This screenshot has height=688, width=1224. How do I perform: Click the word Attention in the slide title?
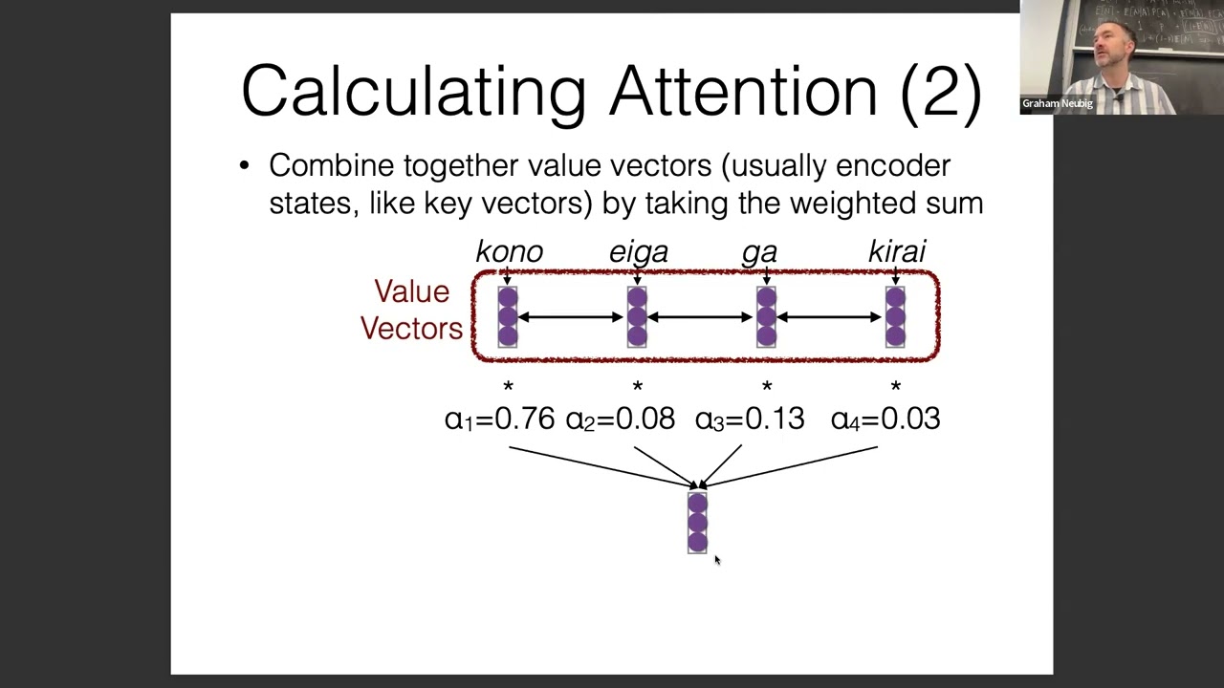[x=743, y=91]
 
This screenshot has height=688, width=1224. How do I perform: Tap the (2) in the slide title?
[x=941, y=91]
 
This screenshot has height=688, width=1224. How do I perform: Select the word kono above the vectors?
[x=509, y=251]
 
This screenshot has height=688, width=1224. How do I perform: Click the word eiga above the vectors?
[x=638, y=251]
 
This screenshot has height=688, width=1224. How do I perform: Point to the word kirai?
[x=896, y=251]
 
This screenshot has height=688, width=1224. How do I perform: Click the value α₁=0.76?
[x=499, y=419]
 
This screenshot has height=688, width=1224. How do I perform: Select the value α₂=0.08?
[x=620, y=419]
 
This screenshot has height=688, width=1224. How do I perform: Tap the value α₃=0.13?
[x=750, y=419]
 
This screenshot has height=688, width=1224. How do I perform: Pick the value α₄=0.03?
[x=885, y=419]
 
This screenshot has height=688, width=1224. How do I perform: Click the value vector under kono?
[x=508, y=316]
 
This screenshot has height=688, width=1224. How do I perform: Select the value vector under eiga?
[x=637, y=316]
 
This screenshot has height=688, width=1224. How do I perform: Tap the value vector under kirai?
[x=895, y=316]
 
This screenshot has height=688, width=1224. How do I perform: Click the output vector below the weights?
[x=697, y=523]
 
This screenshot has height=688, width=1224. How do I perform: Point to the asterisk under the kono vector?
[x=508, y=387]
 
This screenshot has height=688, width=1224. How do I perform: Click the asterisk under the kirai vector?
[x=895, y=387]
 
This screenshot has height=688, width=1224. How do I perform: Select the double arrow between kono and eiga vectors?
[x=572, y=317]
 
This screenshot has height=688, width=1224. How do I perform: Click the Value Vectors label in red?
[x=411, y=310]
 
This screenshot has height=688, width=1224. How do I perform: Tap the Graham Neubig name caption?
[x=1057, y=103]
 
